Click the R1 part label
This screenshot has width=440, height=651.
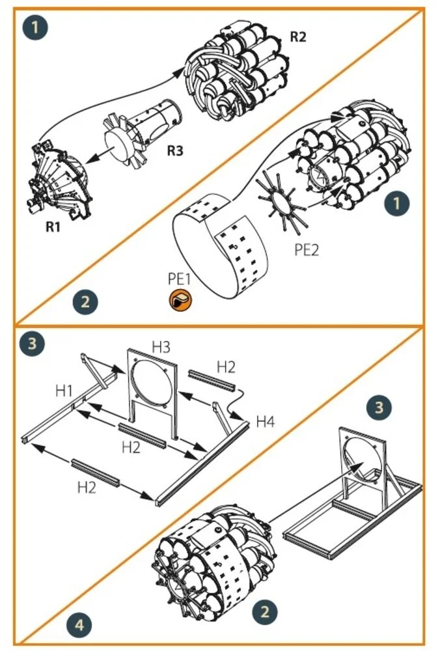tap(53, 227)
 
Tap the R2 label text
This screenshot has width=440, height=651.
tap(297, 37)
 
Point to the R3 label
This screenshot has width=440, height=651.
tap(174, 150)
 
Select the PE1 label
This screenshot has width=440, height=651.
tap(180, 279)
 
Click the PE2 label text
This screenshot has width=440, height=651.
tap(307, 250)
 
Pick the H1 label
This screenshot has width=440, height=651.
tap(64, 391)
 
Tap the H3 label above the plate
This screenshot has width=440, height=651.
tap(161, 346)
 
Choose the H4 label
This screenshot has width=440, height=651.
tap(266, 422)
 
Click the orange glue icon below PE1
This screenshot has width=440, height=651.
tap(180, 299)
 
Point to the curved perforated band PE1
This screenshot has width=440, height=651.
tap(220, 245)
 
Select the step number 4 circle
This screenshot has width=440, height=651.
tap(79, 624)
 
